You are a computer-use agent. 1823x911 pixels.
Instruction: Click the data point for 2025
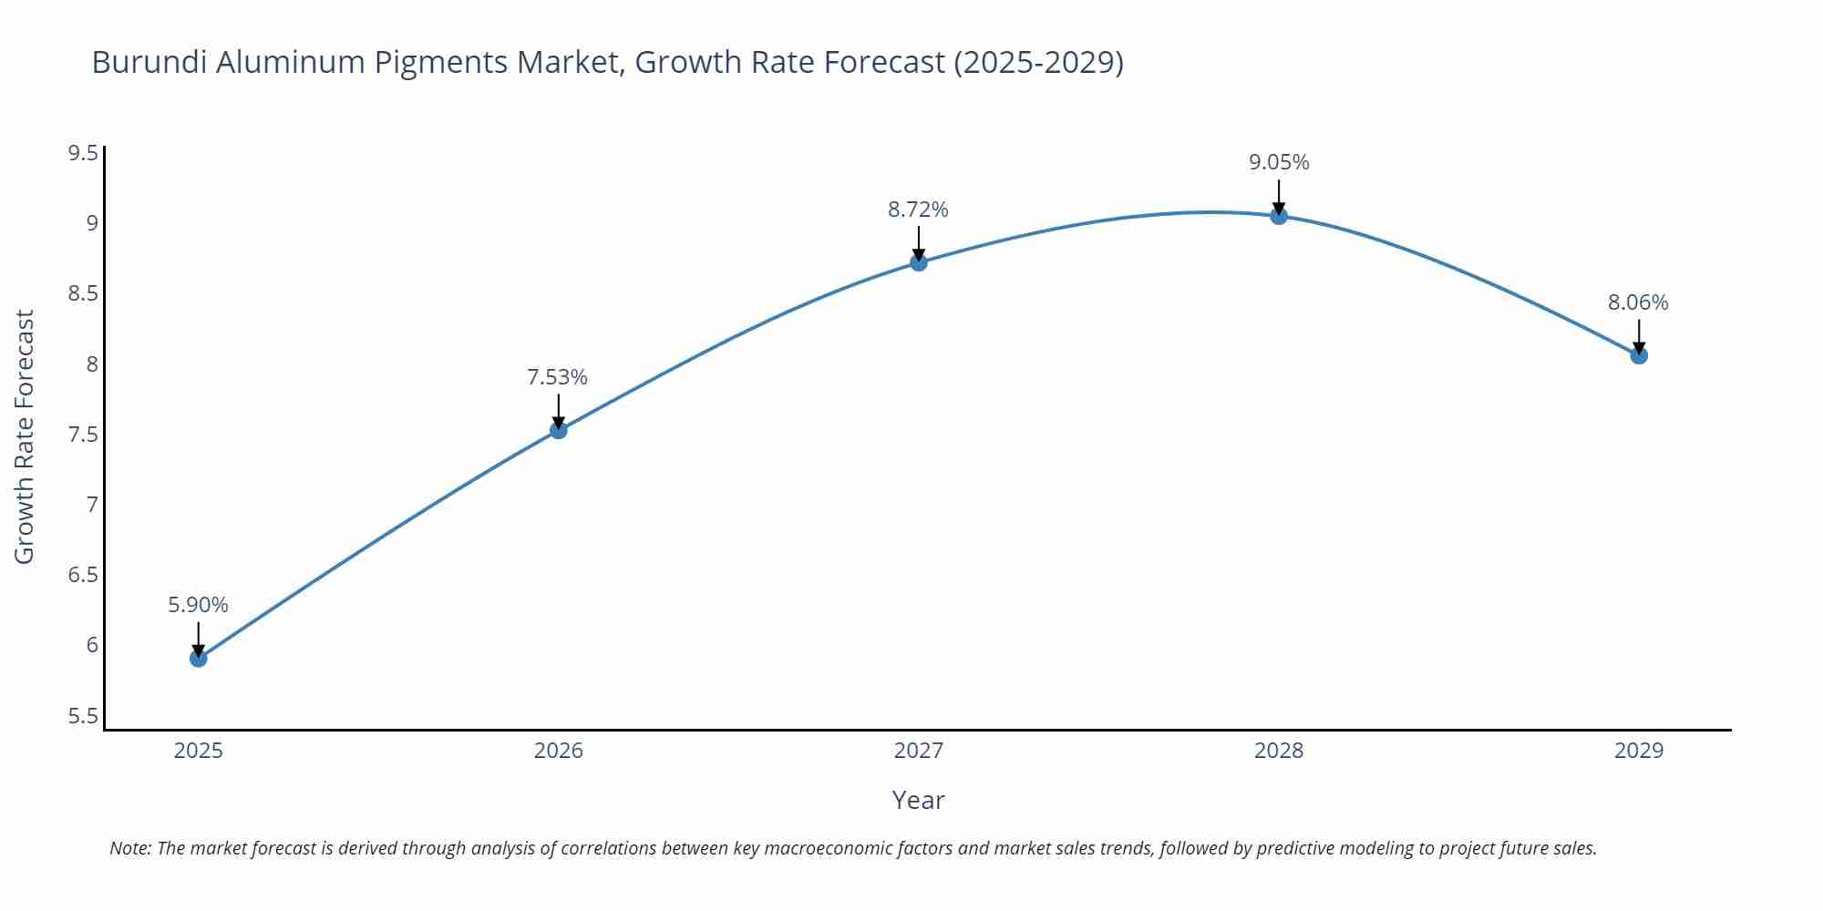pos(199,658)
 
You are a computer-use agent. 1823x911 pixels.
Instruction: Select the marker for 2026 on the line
pos(559,429)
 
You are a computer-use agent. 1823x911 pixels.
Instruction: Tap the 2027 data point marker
pos(919,262)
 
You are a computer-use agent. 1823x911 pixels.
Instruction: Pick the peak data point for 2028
pos(1279,216)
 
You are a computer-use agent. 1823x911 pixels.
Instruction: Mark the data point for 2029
pos(1639,355)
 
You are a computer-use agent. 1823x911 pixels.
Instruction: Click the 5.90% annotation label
pos(199,605)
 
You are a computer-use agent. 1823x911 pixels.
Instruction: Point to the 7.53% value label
pos(558,377)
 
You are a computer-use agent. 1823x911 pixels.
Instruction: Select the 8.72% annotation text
pos(918,210)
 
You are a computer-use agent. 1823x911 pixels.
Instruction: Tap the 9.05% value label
pos(1279,162)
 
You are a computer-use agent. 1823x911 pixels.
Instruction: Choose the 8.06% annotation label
pos(1638,302)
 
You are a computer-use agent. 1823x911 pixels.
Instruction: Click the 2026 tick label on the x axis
pos(559,751)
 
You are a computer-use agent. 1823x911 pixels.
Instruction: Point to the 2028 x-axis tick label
pos(1279,751)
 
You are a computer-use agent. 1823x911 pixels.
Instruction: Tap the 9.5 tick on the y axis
pos(83,153)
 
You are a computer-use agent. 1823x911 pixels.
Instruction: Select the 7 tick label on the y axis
pos(92,505)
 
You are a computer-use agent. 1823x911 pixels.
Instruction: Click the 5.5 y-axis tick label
pos(83,716)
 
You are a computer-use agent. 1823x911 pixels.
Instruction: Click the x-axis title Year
pos(918,800)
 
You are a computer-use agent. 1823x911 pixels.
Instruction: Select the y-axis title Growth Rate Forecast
pos(25,436)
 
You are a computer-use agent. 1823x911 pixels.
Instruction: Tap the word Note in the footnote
pos(129,848)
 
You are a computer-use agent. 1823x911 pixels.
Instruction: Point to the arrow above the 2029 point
pos(1639,335)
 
